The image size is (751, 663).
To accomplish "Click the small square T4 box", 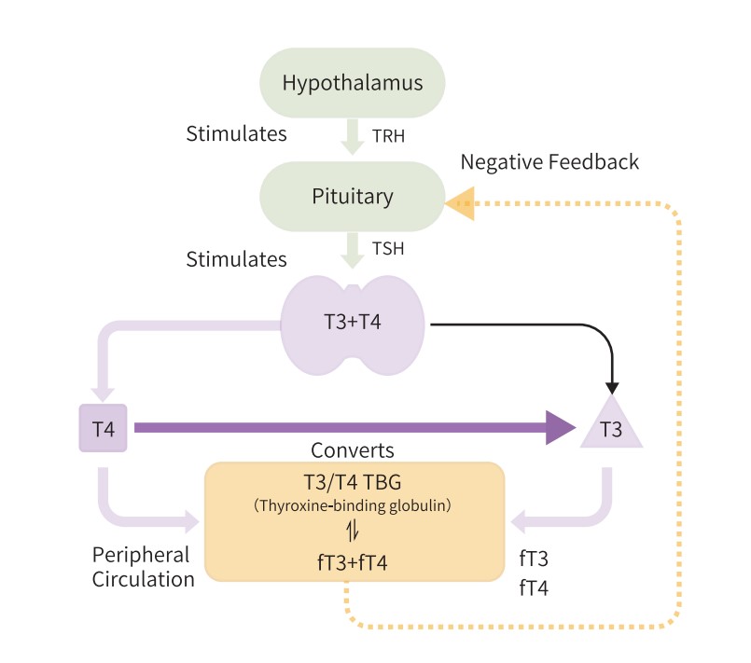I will [x=103, y=428].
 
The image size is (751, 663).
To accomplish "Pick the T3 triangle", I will [x=612, y=428].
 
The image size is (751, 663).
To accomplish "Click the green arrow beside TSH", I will [x=353, y=249].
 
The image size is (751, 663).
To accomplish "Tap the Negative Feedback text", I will [x=549, y=161].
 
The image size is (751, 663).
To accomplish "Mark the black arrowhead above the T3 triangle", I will [x=613, y=385].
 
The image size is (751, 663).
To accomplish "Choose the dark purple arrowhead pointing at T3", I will [x=559, y=428].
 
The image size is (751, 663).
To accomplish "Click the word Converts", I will [x=353, y=449].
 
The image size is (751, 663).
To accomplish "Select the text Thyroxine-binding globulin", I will [x=354, y=505].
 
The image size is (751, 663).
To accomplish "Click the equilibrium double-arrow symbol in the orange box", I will [x=354, y=532].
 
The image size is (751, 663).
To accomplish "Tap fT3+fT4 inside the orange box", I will [x=354, y=562].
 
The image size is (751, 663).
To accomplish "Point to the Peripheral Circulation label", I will [x=143, y=566].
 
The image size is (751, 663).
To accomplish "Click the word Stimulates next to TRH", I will [x=235, y=133].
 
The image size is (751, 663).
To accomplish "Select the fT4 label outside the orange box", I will [x=535, y=589].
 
